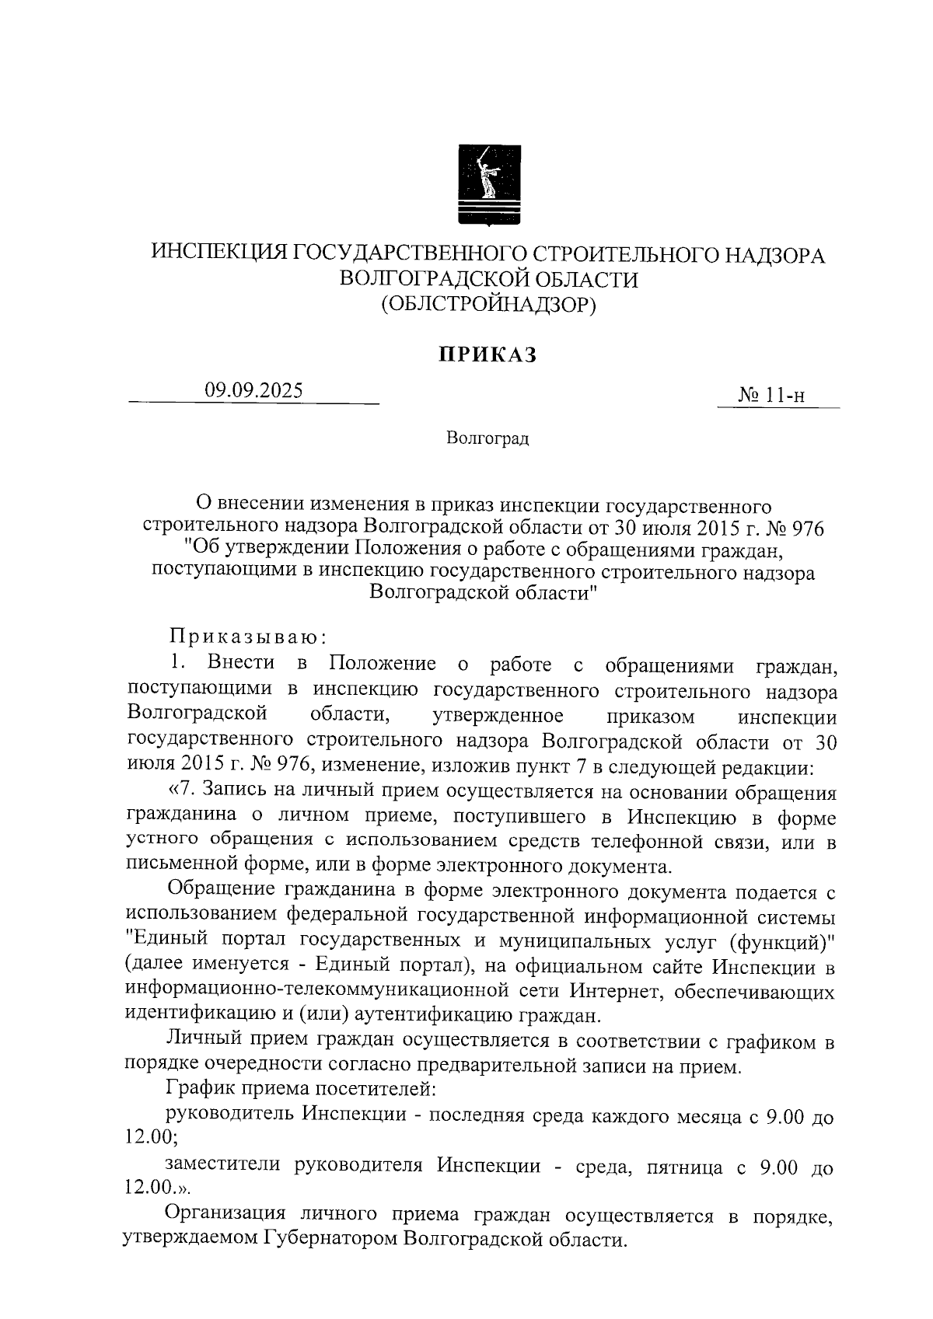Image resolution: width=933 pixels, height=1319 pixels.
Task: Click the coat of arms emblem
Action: (x=487, y=186)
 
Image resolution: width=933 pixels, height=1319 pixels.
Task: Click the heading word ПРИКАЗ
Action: (x=487, y=355)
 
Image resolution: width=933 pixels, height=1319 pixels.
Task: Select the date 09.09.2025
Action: (x=253, y=391)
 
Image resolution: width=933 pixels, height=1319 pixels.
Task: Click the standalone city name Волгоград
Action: (x=487, y=439)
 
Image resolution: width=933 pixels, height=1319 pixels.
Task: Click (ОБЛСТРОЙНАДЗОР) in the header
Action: (x=487, y=305)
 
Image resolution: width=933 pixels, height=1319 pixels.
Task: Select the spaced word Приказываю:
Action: (x=247, y=637)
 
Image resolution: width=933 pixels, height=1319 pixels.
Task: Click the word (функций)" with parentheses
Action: (x=781, y=941)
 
